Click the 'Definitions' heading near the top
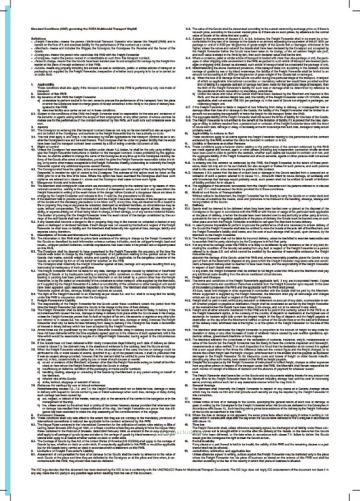[x=39, y=38]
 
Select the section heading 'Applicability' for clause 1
[x=46, y=84]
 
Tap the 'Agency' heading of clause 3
[x=42, y=127]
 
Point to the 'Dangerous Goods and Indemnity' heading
[x=55, y=182]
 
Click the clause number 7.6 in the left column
[x=33, y=385]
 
